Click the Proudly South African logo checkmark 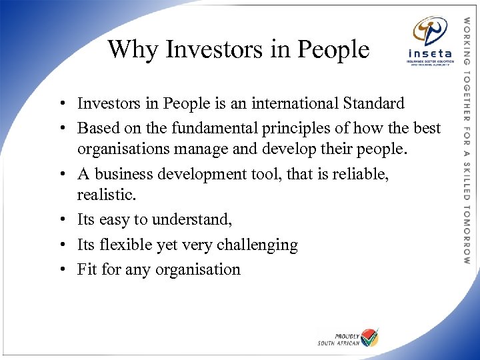tap(369, 337)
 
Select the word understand tap(193, 220)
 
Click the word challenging tap(257, 245)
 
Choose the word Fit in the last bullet tap(86, 269)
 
